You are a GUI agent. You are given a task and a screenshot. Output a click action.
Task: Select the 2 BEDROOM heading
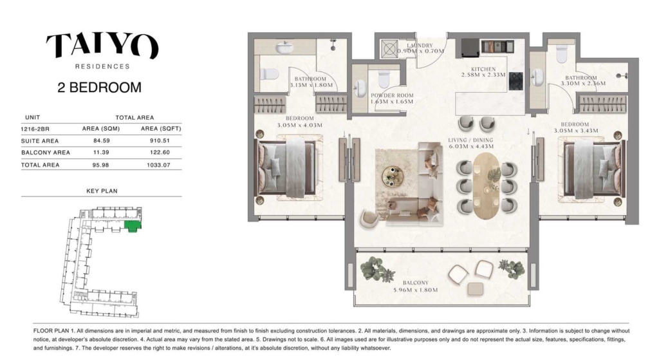coord(99,88)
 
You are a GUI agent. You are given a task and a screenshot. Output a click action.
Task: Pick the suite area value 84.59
coord(101,141)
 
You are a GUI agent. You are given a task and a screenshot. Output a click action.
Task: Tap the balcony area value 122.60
coord(160,152)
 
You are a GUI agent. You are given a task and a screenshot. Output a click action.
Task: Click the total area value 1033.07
coord(158,165)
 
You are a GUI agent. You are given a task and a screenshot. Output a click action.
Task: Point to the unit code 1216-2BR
coord(35,129)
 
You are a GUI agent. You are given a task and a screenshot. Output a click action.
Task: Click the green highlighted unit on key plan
coord(133,225)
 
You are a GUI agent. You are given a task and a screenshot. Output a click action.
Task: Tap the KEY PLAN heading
coord(102,191)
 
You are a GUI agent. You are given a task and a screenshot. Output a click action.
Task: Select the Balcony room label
coord(416,287)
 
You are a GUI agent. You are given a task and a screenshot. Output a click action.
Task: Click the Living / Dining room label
coord(470,144)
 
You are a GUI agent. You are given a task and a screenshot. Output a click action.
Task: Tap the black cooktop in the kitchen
coord(516,81)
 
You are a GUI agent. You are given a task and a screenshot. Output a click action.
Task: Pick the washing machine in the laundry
coord(389,49)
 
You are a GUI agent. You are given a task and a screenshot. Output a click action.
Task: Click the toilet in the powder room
coord(384,79)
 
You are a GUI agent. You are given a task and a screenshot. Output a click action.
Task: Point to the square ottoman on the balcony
coord(476,289)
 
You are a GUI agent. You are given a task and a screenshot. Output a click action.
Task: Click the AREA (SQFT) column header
coord(161,129)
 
